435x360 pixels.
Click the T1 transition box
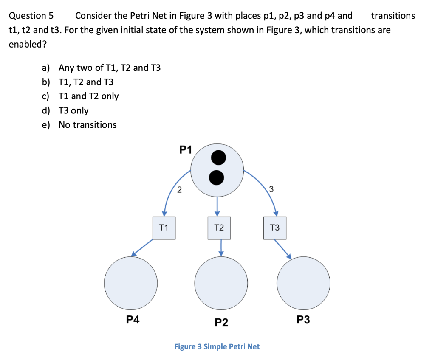point(164,228)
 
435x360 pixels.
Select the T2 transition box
point(219,228)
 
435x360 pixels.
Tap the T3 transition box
point(275,228)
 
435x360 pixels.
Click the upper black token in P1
point(218,158)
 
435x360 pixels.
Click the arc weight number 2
point(179,190)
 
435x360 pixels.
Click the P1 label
point(186,149)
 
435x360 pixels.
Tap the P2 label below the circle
point(221,323)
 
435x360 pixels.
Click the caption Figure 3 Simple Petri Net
point(217,346)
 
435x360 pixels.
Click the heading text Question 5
point(31,16)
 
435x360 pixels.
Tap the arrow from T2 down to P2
point(221,247)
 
